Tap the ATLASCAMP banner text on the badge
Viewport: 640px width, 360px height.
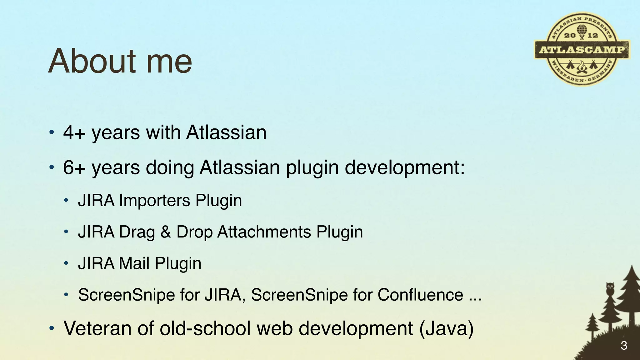tap(582, 49)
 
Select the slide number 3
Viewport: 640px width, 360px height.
tap(624, 346)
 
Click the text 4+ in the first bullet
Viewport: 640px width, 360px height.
tap(74, 132)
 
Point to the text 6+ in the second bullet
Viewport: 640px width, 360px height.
tap(74, 167)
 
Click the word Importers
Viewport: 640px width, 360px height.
tap(154, 200)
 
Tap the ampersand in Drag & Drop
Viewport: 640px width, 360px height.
tap(166, 232)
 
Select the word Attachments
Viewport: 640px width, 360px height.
tap(264, 232)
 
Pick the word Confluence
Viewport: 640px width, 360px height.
tap(420, 295)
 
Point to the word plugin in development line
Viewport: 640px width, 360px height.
tap(312, 168)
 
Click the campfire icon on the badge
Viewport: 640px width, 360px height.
tap(581, 67)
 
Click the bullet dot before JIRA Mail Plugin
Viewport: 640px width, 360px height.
tap(66, 263)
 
